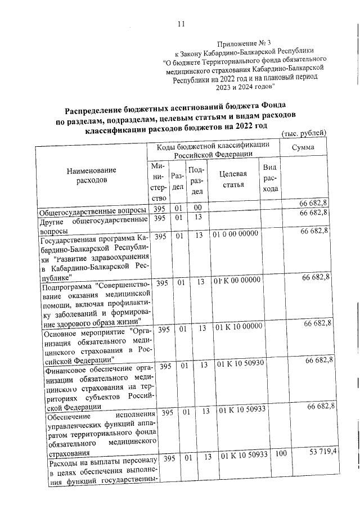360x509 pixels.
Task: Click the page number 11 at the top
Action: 181,23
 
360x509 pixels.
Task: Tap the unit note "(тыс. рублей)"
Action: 303,133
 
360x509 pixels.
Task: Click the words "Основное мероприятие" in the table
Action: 85,332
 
